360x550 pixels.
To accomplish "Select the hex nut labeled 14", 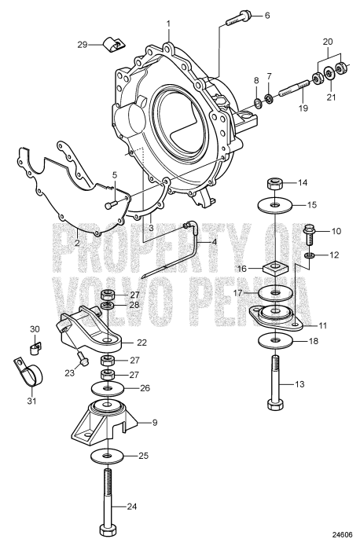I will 274,185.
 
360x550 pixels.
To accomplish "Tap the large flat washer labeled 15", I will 274,206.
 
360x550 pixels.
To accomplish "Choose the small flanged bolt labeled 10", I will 309,233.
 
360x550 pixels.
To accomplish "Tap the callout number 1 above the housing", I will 168,24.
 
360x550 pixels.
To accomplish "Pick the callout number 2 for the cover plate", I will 77,243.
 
